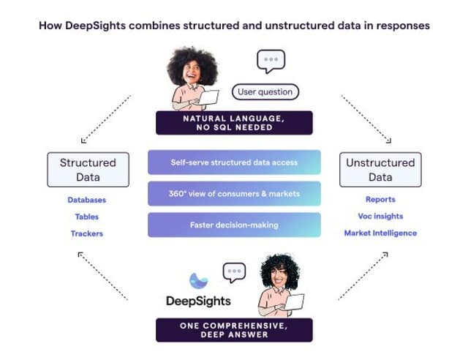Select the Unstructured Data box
(380, 169)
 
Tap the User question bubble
(265, 92)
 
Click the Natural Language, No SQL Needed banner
(234, 122)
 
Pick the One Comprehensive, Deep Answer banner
(234, 330)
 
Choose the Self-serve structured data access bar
(234, 162)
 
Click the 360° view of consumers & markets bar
(234, 194)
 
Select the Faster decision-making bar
(234, 225)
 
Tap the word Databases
(87, 200)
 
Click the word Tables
(87, 217)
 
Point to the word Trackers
(87, 233)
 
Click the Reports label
(380, 199)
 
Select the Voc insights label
(380, 216)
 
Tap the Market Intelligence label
(380, 233)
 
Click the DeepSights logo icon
(198, 280)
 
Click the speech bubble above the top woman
(271, 61)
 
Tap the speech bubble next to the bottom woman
(235, 272)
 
